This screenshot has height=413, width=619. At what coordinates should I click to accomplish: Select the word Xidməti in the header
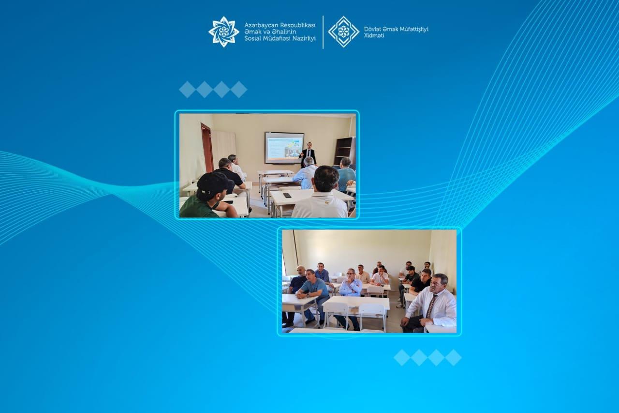coord(374,36)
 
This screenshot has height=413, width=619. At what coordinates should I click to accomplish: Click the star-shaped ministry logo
coord(223,32)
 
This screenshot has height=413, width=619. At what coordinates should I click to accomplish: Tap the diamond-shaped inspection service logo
coord(343,32)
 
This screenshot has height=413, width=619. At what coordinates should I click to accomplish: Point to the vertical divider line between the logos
coord(323,32)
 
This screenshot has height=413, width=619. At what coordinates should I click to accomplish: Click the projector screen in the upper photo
coord(284,148)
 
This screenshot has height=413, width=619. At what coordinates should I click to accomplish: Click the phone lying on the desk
coord(287,195)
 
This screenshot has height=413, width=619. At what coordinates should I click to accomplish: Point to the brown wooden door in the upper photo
coord(207,148)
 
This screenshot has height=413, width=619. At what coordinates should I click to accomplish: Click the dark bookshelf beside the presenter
coord(345,151)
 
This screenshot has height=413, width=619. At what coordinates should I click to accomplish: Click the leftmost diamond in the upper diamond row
coord(187,90)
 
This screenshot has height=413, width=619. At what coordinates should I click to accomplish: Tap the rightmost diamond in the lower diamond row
coord(453,357)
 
